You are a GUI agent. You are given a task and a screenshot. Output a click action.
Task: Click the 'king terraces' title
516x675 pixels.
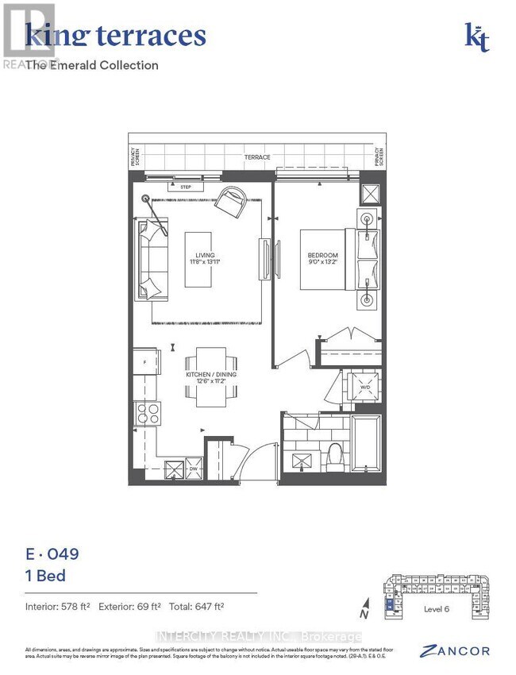click(x=116, y=35)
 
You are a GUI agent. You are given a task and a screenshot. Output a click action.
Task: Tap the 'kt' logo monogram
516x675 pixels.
click(x=477, y=37)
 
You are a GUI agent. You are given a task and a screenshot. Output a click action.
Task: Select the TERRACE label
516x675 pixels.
click(x=255, y=157)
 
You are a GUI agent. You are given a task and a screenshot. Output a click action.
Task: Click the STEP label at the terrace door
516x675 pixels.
click(x=185, y=187)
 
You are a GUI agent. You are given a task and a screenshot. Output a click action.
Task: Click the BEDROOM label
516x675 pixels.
click(x=323, y=259)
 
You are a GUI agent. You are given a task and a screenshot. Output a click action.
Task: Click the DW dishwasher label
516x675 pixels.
click(x=192, y=469)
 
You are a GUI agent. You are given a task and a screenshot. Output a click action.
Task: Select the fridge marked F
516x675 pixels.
click(x=145, y=362)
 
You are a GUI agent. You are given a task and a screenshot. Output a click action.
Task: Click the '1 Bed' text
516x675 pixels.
click(x=45, y=576)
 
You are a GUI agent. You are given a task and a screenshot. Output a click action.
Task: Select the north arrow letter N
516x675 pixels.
click(x=364, y=613)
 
